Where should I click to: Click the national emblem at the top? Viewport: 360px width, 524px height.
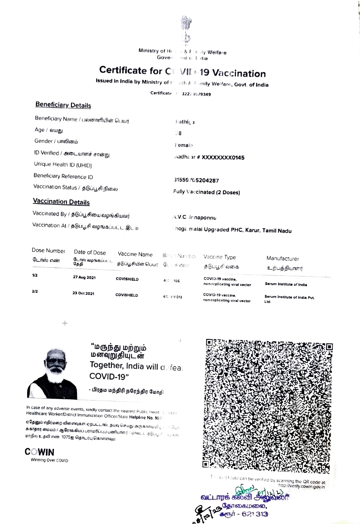coord(186,29)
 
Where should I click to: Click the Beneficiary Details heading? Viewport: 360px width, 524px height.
coord(63,105)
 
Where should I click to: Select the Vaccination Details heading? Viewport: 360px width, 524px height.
coord(61,202)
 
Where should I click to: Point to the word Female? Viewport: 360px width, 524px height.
coord(184,145)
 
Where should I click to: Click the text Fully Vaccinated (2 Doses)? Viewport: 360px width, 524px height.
coord(207,192)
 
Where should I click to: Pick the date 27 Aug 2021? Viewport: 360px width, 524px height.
coord(84,277)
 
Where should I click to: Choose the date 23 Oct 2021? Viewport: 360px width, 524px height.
coord(83,293)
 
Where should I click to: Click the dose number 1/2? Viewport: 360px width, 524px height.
coord(35,275)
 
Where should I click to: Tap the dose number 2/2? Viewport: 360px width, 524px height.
coord(35,291)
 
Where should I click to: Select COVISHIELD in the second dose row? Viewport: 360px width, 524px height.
coord(126,295)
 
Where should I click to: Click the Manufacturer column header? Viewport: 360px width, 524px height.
coord(282,259)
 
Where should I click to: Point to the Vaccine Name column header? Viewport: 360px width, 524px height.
coord(135,254)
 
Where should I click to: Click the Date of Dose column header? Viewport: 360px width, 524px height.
coord(90,252)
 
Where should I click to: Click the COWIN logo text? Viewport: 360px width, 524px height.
coord(39,452)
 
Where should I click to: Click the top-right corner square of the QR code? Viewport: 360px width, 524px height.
coord(329,346)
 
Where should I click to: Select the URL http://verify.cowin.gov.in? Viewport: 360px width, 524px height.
coord(302,486)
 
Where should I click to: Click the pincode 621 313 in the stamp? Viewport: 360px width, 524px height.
coord(255,514)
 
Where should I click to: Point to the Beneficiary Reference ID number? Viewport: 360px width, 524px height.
coord(196,180)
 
